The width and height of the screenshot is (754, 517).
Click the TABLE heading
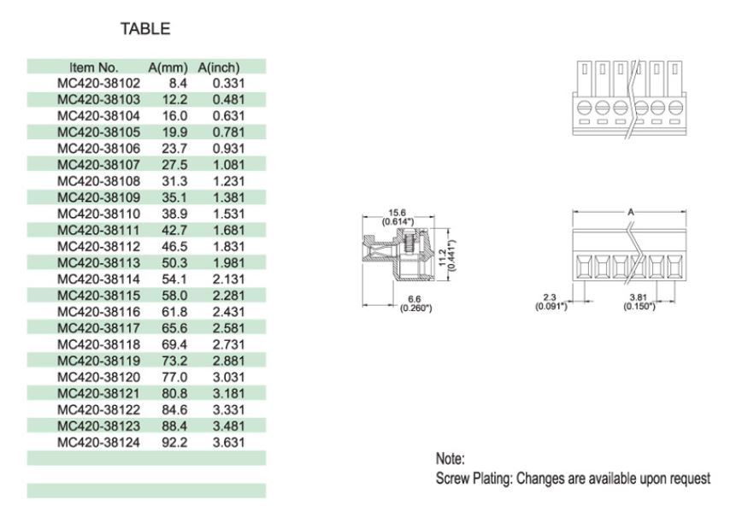tap(144, 29)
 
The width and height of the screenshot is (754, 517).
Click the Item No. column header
tap(94, 67)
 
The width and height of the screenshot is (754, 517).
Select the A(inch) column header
tap(219, 67)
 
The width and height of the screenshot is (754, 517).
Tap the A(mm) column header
tap(168, 67)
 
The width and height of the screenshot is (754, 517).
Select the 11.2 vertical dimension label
tap(441, 254)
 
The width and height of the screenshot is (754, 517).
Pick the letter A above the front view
tap(631, 210)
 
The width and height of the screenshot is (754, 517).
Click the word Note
tap(450, 459)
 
